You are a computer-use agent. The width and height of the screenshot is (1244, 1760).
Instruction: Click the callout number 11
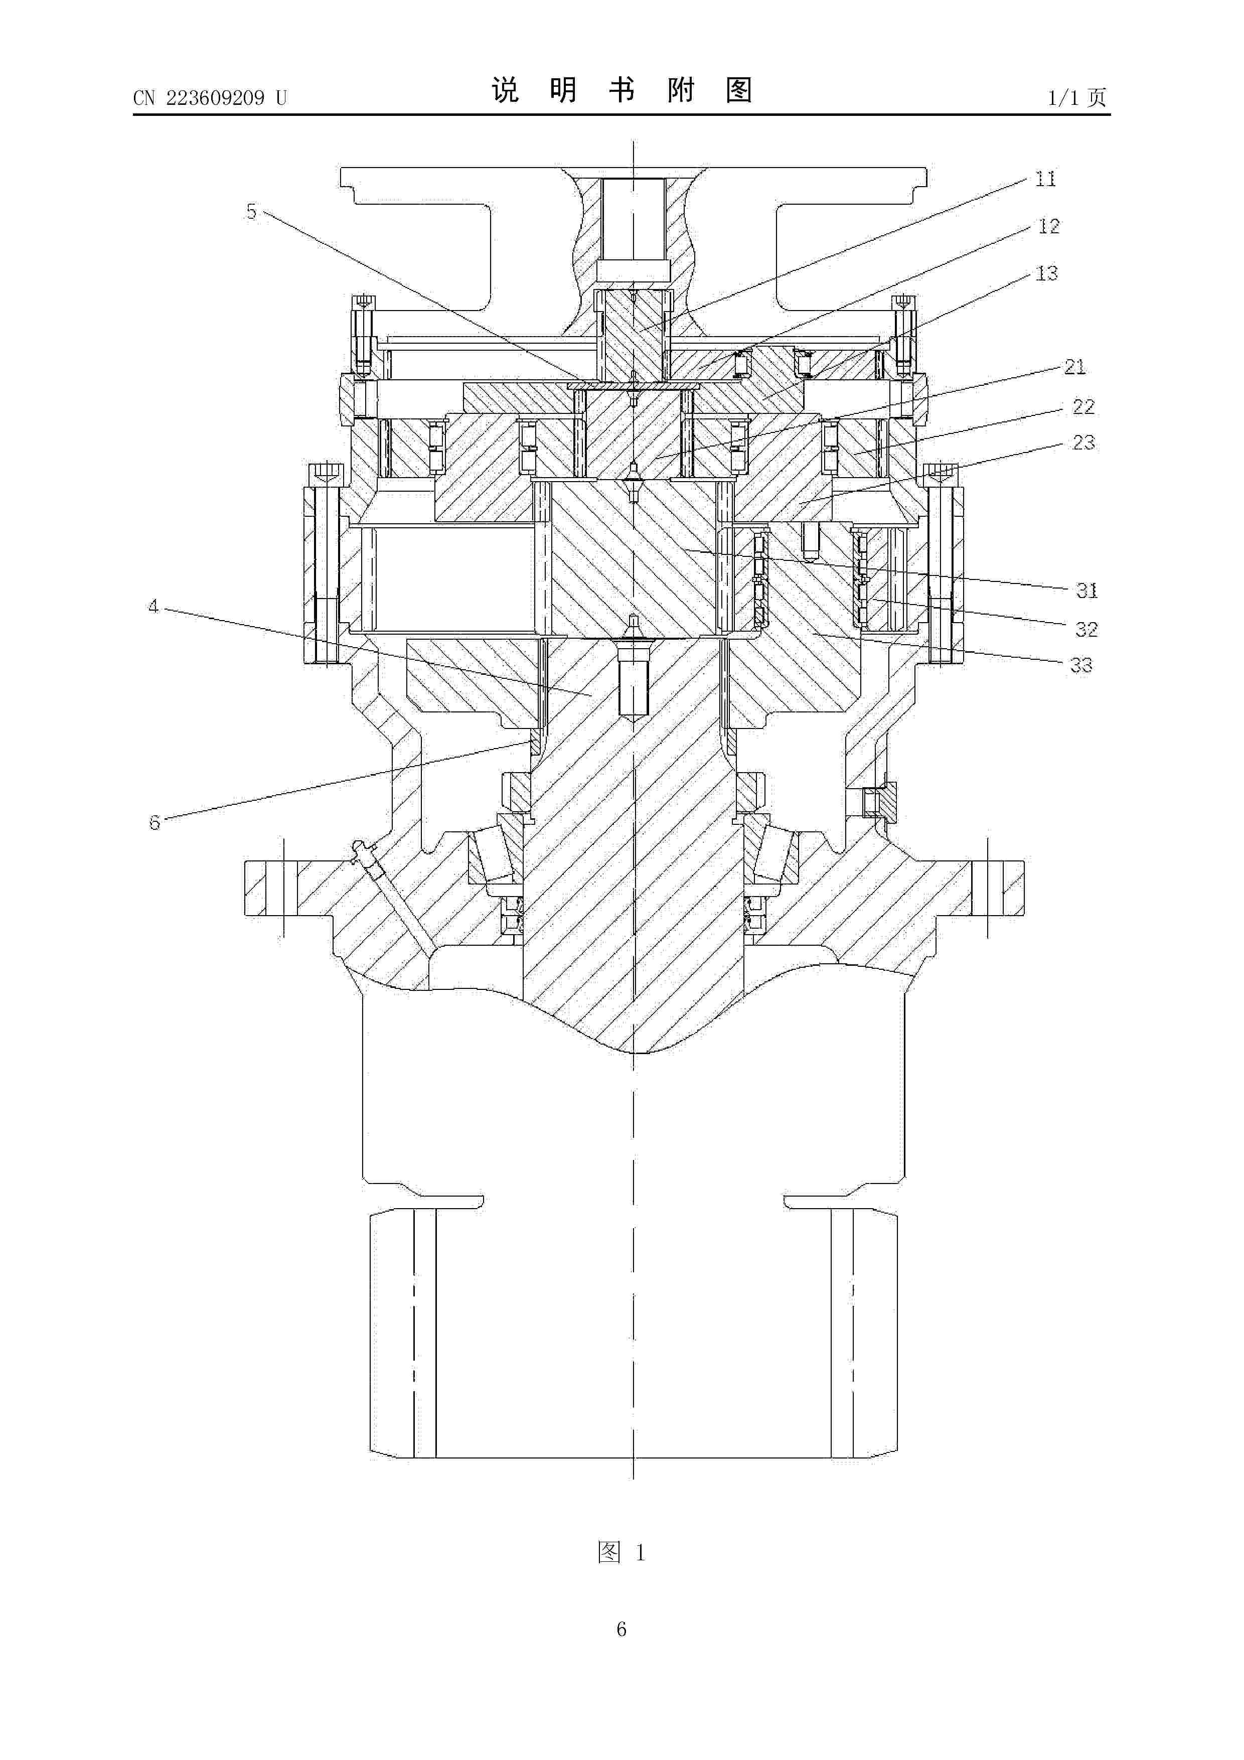[1045, 180]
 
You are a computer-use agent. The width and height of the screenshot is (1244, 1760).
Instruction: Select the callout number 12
[1048, 226]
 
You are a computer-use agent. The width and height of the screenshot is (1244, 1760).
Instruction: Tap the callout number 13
[1046, 273]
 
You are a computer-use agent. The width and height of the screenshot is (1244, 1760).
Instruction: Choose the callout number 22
[1083, 406]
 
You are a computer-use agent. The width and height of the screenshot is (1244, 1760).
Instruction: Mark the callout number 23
[1083, 443]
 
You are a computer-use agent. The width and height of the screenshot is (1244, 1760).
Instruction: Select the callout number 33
[1081, 665]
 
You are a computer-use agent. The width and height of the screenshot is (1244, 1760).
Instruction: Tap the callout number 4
[153, 607]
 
